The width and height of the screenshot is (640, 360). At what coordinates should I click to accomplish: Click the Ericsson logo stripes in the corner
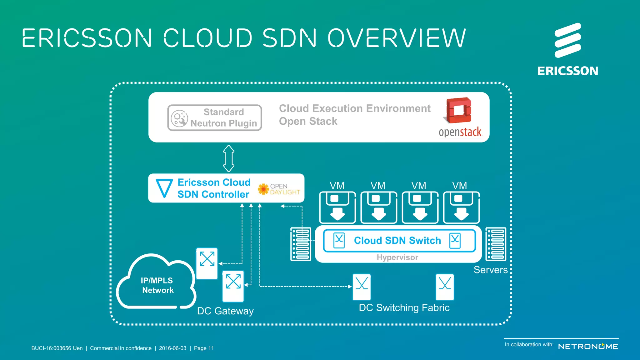567,40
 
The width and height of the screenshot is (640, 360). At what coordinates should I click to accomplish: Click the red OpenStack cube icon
459,111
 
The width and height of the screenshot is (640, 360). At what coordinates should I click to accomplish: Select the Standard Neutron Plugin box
215,117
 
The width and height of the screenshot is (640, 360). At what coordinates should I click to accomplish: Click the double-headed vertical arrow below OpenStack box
229,158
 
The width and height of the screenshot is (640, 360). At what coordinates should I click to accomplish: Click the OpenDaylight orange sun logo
263,189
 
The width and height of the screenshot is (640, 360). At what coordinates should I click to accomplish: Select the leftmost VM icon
337,207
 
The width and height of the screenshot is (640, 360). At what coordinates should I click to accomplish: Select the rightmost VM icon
461,207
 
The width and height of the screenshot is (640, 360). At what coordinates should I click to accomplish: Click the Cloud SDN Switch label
397,240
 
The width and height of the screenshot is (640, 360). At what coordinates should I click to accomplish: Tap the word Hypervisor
397,257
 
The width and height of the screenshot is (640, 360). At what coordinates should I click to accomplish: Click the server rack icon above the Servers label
496,244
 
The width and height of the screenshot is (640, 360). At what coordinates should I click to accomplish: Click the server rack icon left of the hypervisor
301,244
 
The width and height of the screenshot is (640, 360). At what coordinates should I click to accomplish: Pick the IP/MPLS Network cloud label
157,285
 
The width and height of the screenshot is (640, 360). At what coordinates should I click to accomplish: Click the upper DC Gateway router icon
207,263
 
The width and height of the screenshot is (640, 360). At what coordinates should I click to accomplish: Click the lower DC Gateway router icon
233,286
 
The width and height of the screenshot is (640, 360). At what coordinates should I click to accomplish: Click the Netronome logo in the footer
588,347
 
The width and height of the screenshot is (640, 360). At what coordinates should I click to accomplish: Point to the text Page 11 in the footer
204,348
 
